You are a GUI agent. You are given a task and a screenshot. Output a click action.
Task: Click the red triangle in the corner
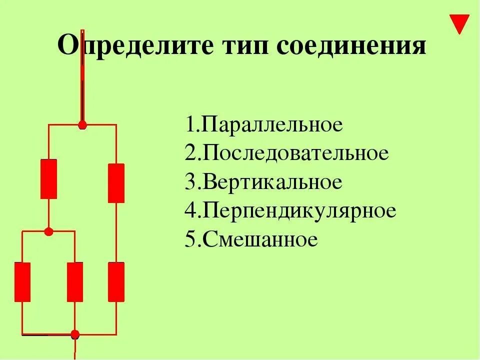[459, 23]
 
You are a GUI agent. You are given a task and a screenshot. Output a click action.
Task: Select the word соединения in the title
[352, 47]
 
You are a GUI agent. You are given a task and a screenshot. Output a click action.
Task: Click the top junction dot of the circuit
[82, 125]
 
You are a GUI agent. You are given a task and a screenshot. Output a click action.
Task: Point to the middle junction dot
[48, 231]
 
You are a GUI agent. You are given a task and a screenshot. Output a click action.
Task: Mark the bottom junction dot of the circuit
[75, 334]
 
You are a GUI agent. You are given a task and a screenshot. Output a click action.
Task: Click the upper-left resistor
[48, 179]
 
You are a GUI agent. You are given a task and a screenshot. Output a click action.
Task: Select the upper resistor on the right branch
[116, 183]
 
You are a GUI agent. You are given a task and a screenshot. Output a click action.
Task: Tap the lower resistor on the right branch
[116, 281]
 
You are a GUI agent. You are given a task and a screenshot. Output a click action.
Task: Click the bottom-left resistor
[22, 281]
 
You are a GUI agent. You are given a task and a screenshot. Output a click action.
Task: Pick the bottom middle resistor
[75, 281]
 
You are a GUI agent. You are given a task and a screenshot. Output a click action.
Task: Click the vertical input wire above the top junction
[82, 90]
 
